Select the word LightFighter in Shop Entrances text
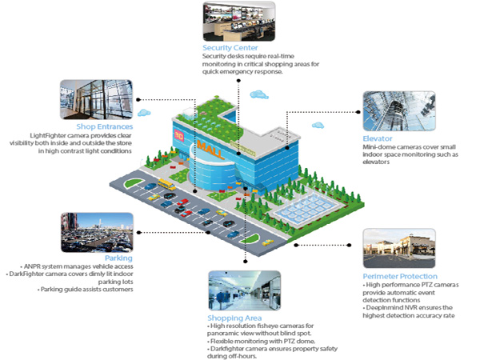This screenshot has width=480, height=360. [50, 137]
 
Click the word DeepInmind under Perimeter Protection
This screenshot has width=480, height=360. [385, 308]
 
